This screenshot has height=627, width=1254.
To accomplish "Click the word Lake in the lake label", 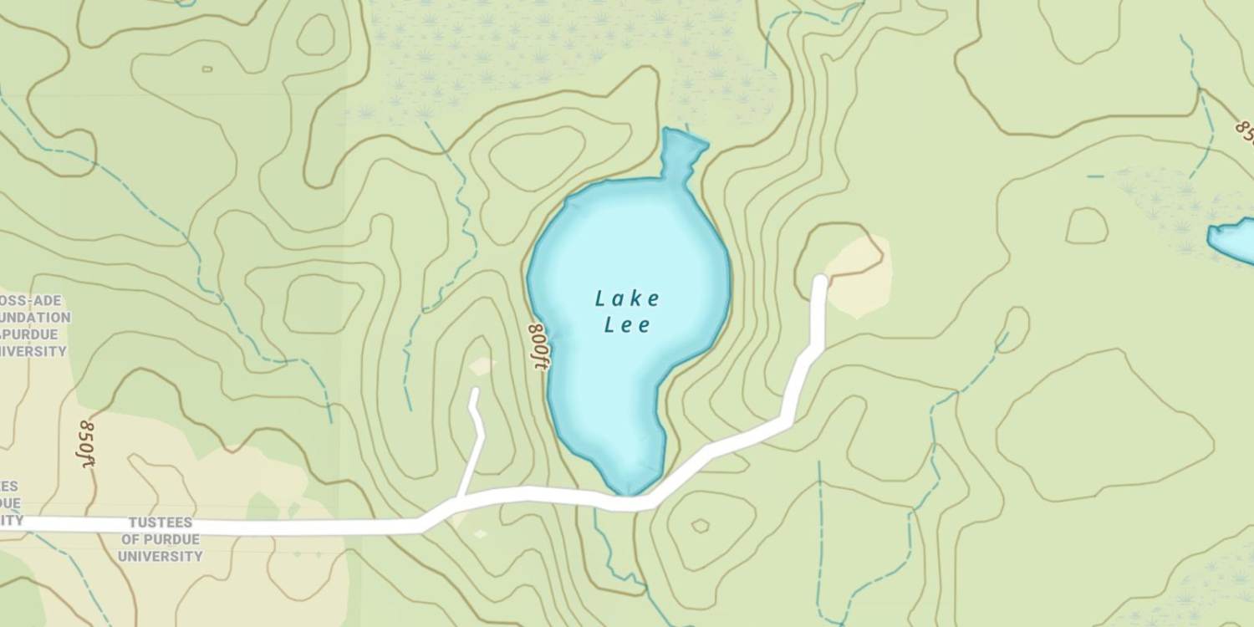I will [x=627, y=298].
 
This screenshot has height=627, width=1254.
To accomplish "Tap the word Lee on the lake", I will [x=627, y=325].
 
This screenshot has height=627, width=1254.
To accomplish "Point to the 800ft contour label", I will [x=538, y=346].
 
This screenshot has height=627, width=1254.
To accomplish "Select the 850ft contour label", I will [x=86, y=443].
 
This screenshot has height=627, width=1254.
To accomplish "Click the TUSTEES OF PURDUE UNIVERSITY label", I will [x=161, y=539].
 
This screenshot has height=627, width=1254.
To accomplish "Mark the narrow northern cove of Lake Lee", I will [x=681, y=150].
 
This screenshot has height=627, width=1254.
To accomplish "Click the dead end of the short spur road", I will [x=475, y=391].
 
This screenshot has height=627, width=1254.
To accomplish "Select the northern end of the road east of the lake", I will [x=820, y=280].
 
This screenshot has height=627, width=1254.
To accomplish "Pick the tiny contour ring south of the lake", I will [x=700, y=526].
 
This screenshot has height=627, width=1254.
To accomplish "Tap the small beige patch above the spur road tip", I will [x=481, y=366].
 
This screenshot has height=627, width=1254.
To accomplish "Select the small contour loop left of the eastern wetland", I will [x=1087, y=226].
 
